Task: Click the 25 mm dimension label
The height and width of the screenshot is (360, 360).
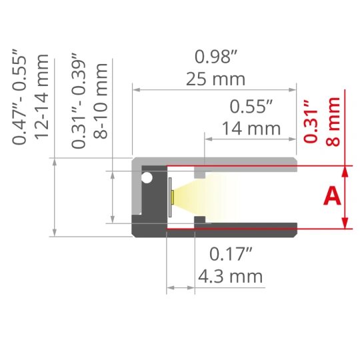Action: [x=215, y=79]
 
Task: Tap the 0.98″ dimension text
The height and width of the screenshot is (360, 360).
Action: [x=216, y=57]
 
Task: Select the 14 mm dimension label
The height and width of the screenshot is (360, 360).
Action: [x=251, y=129]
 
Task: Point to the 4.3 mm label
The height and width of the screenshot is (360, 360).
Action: [x=230, y=276]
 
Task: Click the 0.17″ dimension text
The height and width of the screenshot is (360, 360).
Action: [x=231, y=254]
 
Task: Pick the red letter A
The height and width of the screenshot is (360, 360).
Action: [x=332, y=196]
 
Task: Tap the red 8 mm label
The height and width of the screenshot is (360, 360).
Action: [x=333, y=122]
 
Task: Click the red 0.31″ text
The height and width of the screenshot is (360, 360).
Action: [x=311, y=121]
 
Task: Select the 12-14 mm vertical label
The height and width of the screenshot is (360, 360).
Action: [x=41, y=97]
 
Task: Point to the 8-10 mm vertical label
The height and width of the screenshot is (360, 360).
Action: [x=100, y=101]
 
